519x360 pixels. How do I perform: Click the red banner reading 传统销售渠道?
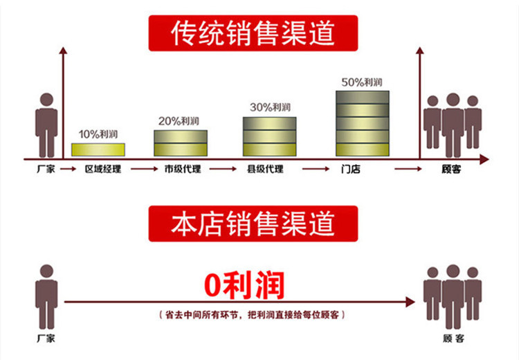pos(253,33)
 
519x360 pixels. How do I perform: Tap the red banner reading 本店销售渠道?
pos(253,224)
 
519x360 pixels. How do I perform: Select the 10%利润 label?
pos(98,134)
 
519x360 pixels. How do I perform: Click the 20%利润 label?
pos(179,121)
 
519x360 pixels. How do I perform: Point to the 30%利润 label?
pos(270,107)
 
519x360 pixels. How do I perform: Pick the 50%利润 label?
pos(362,82)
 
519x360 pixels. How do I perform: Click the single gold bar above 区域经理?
pos(98,150)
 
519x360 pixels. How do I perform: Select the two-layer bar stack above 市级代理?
pos(181,143)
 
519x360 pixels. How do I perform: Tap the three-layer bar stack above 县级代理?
pos(270,136)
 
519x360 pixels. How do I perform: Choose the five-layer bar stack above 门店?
pos(363,123)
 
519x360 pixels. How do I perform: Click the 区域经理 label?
pos(103,169)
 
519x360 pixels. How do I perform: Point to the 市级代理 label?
pos(183,169)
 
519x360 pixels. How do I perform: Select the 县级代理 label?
pos(265,169)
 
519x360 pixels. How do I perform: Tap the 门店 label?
pos(351,169)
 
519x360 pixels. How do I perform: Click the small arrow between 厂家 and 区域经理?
pos(69,169)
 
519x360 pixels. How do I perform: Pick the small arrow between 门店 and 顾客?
pos(408,169)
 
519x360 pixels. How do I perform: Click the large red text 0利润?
pos(244,285)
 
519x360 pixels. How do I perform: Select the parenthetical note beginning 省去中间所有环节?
pos(252,314)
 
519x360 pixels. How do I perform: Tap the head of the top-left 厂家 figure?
pos(46,100)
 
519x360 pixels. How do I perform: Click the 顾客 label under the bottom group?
pos(454,339)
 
